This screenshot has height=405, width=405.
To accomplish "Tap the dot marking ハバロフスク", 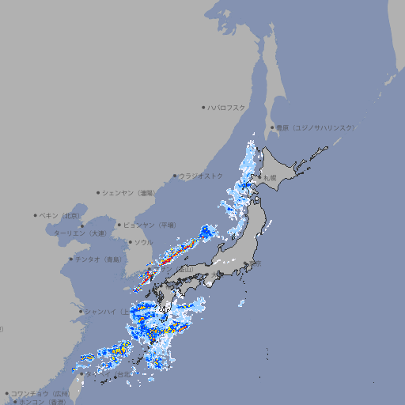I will (x=203, y=107).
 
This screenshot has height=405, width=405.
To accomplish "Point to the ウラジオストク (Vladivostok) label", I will (x=202, y=176).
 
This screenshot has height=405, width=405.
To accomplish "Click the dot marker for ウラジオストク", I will (x=175, y=176).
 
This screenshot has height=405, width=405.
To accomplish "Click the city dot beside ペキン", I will (x=36, y=215).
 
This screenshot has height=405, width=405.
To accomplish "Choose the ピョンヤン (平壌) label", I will (x=150, y=225).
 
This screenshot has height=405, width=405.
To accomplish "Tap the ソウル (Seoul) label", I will (x=143, y=242).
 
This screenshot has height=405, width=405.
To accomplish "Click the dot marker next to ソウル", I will (x=130, y=242).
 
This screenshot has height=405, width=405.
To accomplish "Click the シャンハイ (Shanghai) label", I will (x=106, y=311).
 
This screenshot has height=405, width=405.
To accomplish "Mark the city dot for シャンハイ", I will (x=81, y=311).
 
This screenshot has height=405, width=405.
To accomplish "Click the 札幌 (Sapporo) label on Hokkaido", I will (x=270, y=178).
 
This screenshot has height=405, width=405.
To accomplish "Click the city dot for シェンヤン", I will (x=98, y=192).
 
